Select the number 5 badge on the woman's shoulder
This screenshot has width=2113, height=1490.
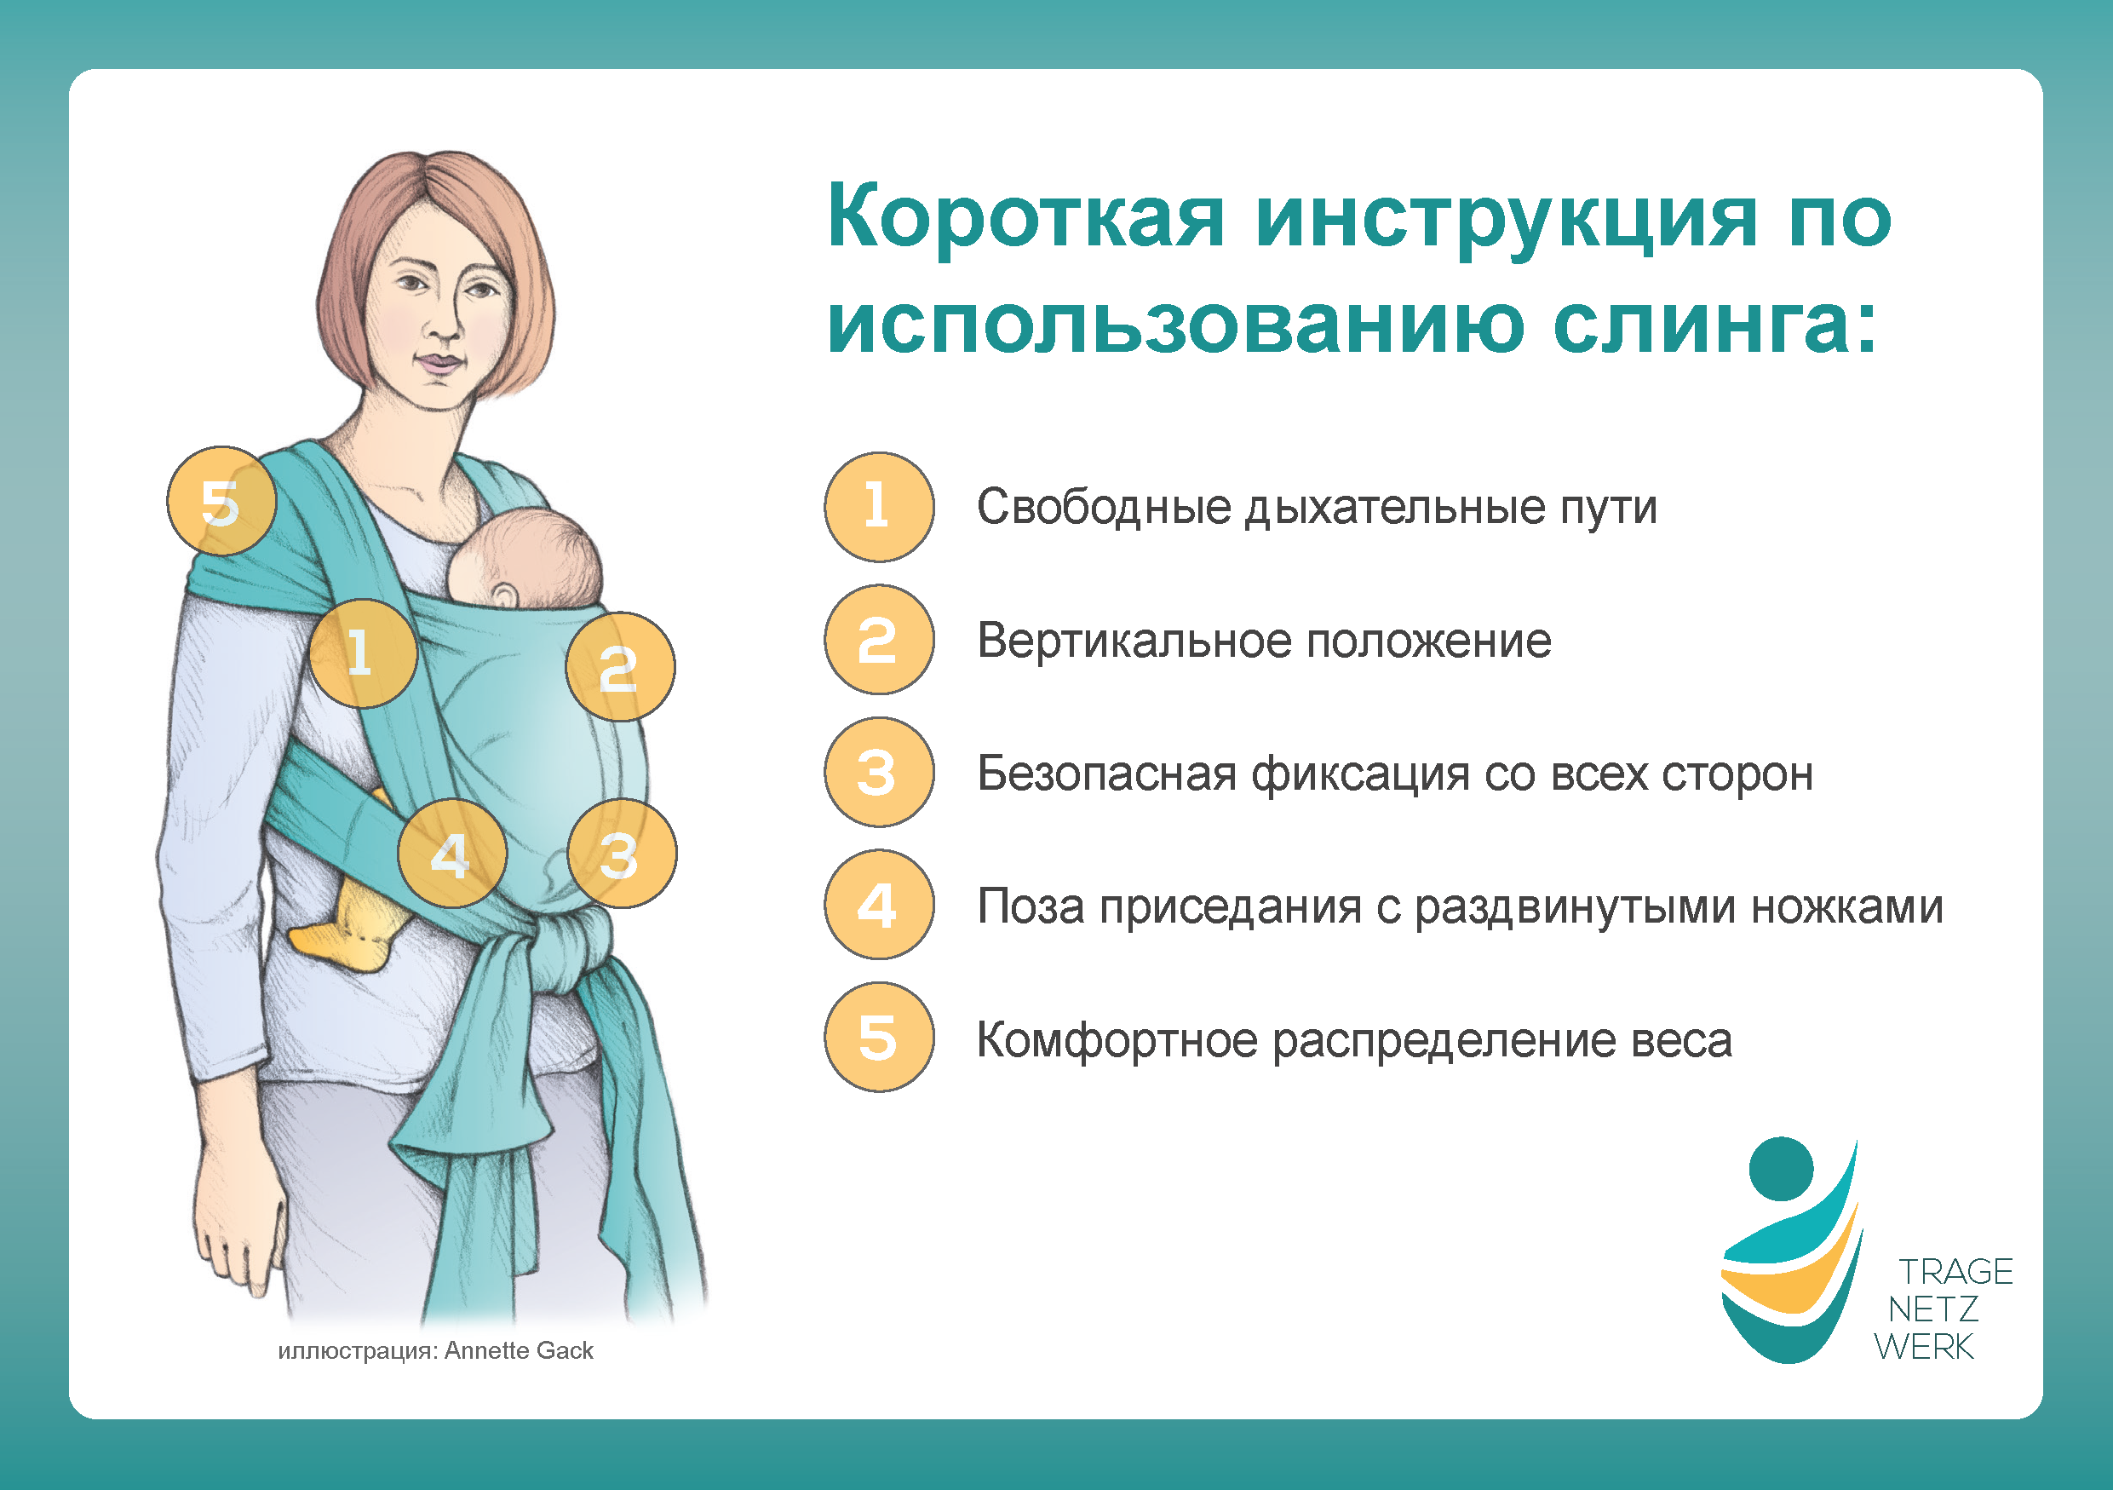tap(221, 502)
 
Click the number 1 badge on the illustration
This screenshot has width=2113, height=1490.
tap(364, 653)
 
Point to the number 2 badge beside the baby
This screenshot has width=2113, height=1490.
tap(620, 667)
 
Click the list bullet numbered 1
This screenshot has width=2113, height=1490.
tap(879, 507)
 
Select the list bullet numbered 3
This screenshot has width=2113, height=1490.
tap(879, 772)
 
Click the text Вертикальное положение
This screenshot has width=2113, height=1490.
tap(1265, 641)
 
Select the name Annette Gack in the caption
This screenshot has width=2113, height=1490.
tap(519, 1350)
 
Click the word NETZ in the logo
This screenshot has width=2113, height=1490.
tap(1932, 1309)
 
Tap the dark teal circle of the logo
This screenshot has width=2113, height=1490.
tap(1781, 1169)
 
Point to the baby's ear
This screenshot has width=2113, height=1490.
tap(503, 594)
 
